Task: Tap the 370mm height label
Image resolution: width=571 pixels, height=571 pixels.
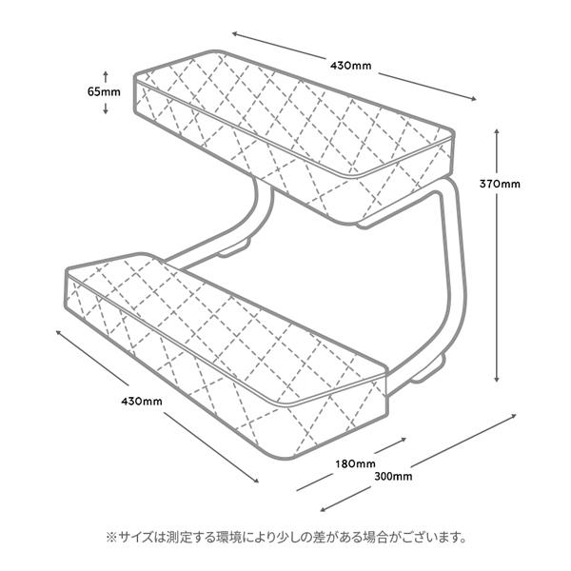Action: pos(526,184)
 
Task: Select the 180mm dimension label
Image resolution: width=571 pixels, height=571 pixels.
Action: pos(356,463)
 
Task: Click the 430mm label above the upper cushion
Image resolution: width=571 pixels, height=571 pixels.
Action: pos(350,67)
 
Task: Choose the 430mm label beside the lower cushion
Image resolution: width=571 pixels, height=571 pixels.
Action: pos(141,401)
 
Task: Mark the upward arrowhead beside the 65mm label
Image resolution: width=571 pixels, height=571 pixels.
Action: pos(105,73)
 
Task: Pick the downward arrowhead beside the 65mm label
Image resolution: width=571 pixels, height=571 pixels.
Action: pos(105,110)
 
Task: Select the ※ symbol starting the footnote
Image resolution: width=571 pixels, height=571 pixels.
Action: pos(109,538)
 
